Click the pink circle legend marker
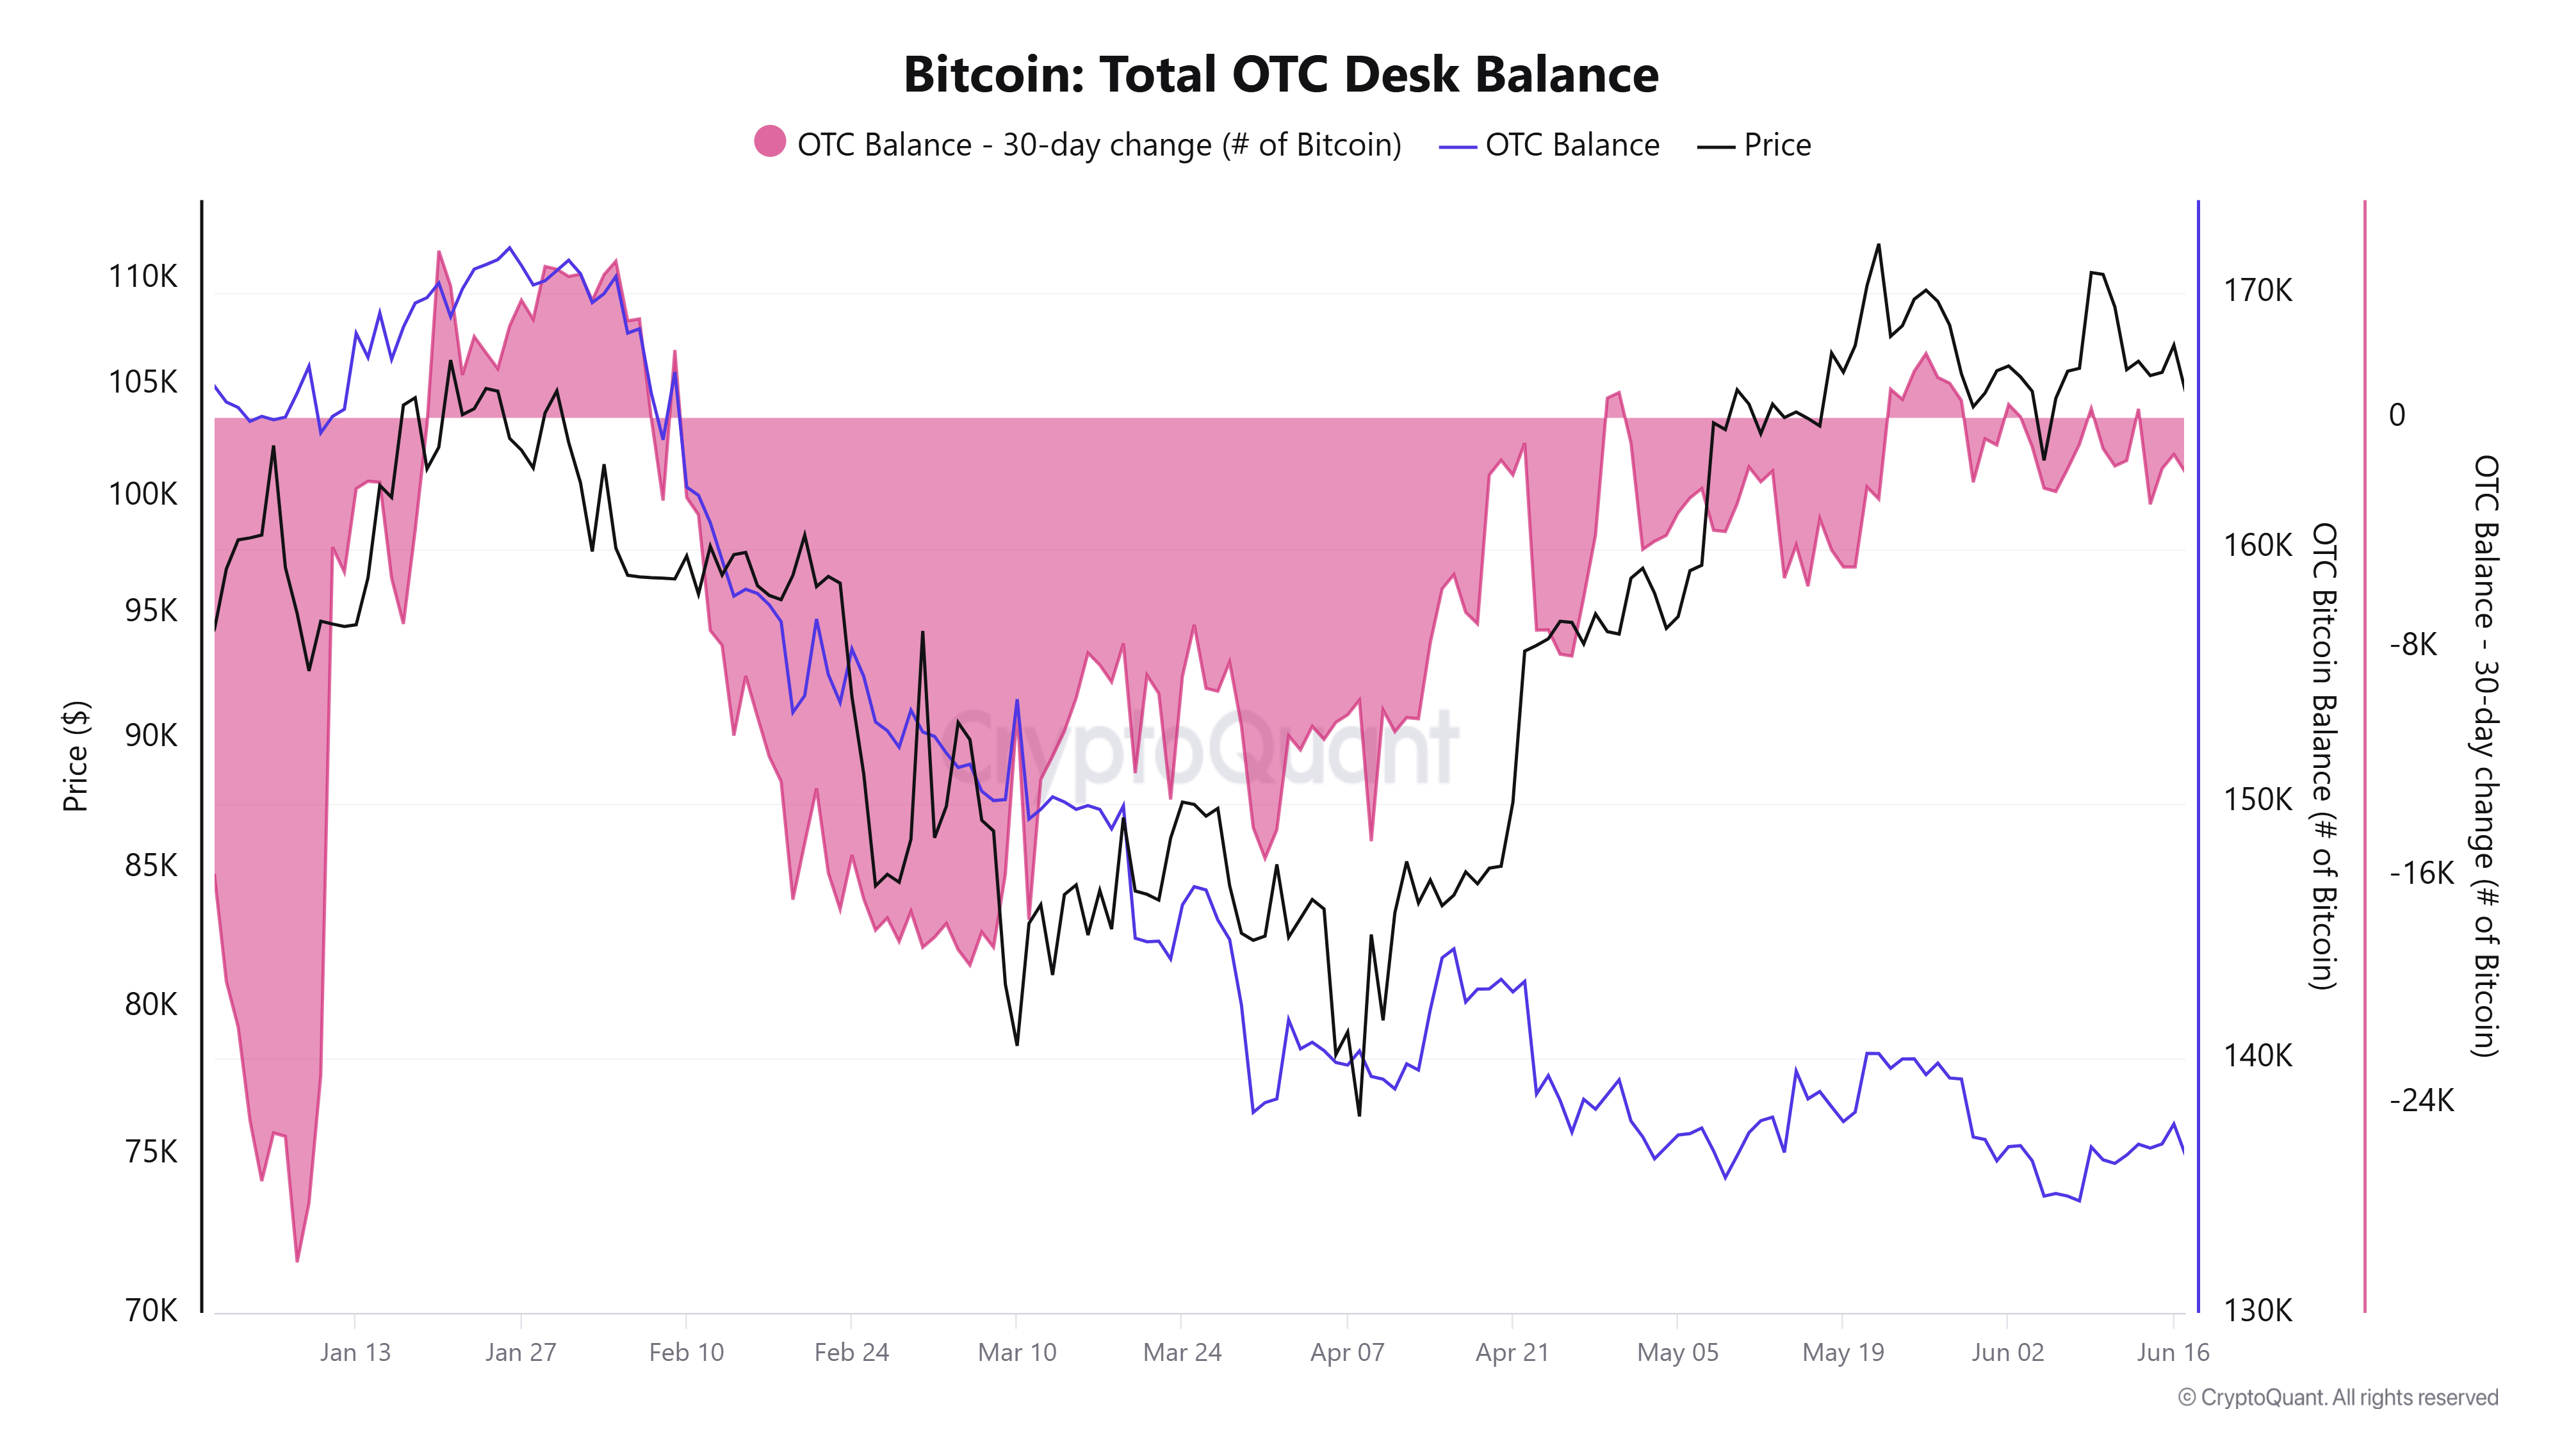click(770, 142)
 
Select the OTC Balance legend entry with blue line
click(1549, 145)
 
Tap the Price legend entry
click(1756, 145)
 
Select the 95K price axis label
click(150, 610)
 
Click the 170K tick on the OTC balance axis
click(2258, 290)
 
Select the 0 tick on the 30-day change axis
click(2397, 415)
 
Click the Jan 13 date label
click(355, 1353)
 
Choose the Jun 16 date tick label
click(2172, 1353)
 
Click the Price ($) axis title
click(76, 756)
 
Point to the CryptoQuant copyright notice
click(2337, 1397)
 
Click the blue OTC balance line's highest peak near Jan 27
click(509, 248)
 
